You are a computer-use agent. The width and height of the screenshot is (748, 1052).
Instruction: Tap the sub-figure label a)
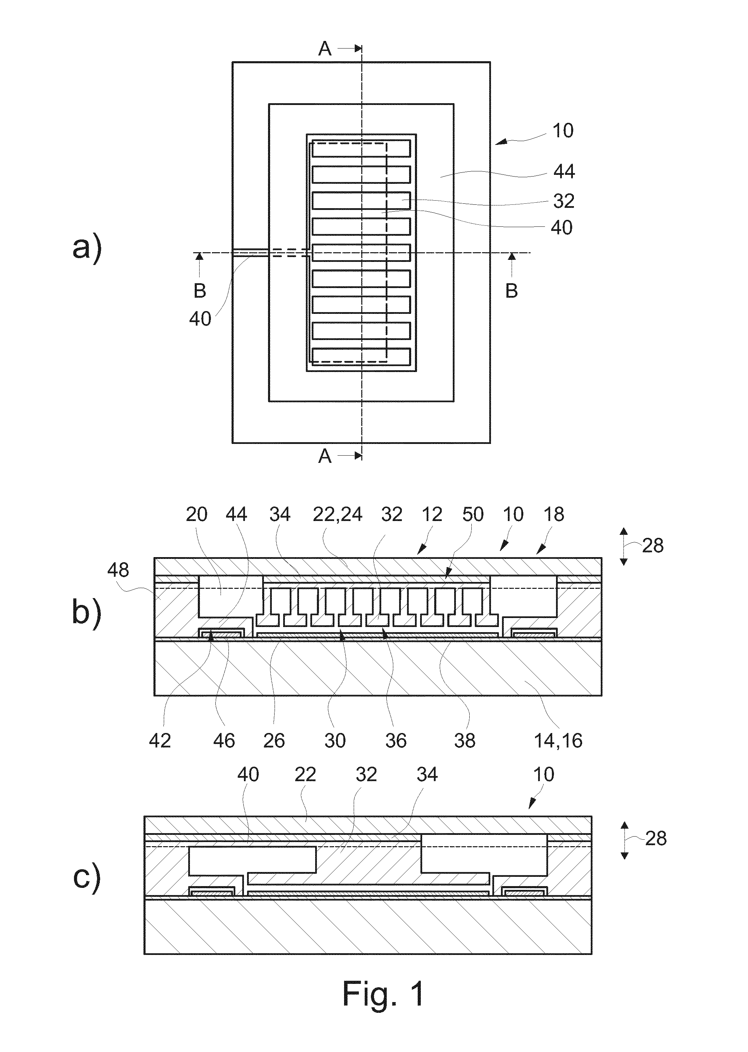pyautogui.click(x=87, y=249)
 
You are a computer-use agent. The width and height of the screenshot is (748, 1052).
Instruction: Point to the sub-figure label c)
pyautogui.click(x=87, y=878)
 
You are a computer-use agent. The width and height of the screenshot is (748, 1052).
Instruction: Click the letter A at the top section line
pyautogui.click(x=325, y=48)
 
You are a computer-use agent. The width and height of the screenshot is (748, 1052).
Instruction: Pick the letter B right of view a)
pyautogui.click(x=512, y=291)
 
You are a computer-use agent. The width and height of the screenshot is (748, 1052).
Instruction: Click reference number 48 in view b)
pyautogui.click(x=118, y=570)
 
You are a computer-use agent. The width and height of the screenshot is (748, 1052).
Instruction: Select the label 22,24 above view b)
pyautogui.click(x=338, y=514)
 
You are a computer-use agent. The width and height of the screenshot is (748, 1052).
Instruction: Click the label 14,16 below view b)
pyautogui.click(x=558, y=741)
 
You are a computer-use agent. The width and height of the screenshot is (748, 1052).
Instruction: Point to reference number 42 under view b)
pyautogui.click(x=160, y=741)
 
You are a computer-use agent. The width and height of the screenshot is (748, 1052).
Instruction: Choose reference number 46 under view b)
pyautogui.click(x=224, y=741)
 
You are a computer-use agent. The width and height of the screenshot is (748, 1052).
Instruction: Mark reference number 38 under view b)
pyautogui.click(x=464, y=741)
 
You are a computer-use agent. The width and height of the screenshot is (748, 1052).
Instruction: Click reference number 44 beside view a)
pyautogui.click(x=564, y=172)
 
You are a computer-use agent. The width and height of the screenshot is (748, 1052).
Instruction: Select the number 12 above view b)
pyautogui.click(x=432, y=514)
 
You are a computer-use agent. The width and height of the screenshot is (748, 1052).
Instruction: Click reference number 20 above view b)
pyautogui.click(x=197, y=514)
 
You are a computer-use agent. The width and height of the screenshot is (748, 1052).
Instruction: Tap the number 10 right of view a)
pyautogui.click(x=563, y=131)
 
